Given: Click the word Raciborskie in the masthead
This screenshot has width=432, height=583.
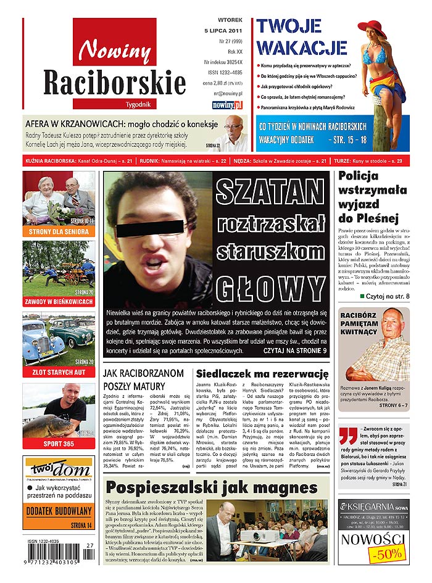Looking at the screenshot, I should (114, 82).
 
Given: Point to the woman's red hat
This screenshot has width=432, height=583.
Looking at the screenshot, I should (372, 28).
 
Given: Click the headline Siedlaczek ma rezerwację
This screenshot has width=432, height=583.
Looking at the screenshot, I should (262, 374).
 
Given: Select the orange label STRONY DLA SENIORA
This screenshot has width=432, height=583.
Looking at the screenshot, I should (59, 232).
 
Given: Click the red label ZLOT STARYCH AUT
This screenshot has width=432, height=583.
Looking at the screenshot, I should (59, 372).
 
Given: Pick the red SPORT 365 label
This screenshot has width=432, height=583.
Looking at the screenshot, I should (59, 444).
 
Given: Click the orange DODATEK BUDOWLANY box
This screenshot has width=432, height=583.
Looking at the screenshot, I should (59, 511).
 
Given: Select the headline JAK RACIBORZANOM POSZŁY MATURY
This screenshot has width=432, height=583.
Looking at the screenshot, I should (143, 379).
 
